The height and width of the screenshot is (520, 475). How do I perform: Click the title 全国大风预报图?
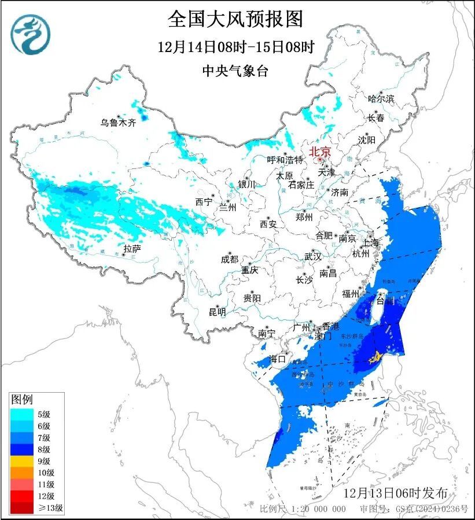[x=235, y=19]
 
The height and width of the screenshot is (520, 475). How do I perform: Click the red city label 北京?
[x=320, y=152]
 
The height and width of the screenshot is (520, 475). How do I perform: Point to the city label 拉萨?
[x=132, y=249]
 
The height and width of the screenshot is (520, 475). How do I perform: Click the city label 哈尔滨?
[x=381, y=99]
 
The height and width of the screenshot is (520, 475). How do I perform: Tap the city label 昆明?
[x=218, y=312]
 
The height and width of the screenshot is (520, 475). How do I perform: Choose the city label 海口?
[x=278, y=359]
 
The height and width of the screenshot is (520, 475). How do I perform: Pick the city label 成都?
[x=229, y=259]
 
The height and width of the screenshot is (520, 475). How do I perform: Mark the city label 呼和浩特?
[x=285, y=160]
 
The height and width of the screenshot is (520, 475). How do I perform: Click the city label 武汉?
[x=314, y=256]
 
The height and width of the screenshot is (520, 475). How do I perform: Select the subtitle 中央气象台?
[x=235, y=71]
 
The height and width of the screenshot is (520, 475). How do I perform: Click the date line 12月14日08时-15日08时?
[x=235, y=47]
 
